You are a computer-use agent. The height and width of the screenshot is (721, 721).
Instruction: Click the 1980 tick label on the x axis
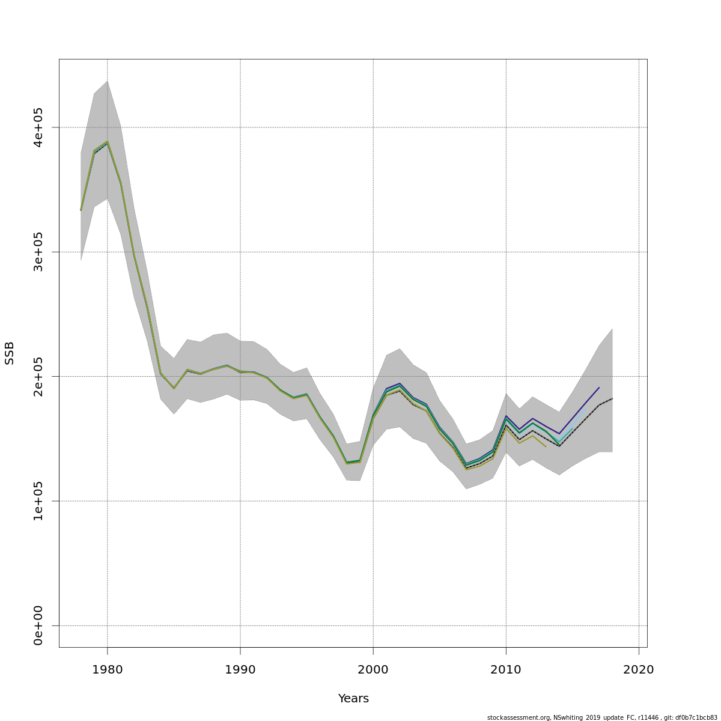tap(107, 670)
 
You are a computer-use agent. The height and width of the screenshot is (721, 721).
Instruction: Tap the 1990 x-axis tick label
tap(240, 670)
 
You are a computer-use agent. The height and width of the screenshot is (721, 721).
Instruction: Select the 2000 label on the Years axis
tap(373, 670)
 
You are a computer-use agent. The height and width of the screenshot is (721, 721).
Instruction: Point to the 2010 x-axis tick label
tap(506, 670)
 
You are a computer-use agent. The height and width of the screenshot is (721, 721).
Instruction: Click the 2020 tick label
tap(639, 670)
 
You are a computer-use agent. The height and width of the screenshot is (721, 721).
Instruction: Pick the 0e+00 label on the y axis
tap(38, 625)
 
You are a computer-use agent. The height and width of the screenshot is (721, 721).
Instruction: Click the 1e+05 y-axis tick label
tap(38, 500)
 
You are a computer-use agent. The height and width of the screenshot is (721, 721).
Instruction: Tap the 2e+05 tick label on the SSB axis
tap(38, 376)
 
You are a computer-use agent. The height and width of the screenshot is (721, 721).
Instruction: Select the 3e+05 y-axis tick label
tap(38, 252)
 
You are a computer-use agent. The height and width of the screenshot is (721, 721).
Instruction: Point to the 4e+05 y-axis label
tap(38, 127)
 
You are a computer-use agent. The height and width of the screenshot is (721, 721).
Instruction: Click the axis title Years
tap(353, 699)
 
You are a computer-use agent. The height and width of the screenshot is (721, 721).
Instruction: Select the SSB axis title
tap(10, 353)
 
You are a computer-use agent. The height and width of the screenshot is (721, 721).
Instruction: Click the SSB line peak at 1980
tap(107, 142)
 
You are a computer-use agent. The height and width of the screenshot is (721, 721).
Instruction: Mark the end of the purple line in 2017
tap(599, 388)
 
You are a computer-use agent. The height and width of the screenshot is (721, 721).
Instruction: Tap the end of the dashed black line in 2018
tap(612, 398)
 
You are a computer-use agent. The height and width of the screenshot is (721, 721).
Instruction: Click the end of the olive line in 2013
tap(546, 446)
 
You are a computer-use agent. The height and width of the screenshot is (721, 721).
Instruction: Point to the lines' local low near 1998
tap(347, 463)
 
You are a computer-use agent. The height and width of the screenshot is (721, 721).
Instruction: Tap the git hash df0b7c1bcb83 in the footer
tap(697, 717)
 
